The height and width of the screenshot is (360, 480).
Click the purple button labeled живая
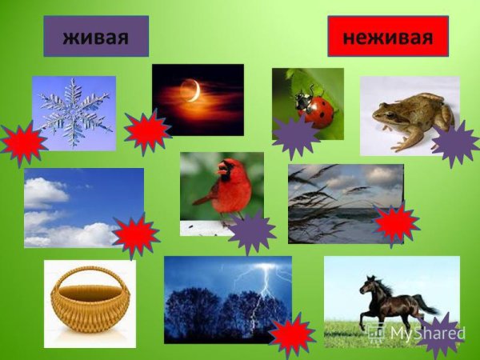tap(96, 37)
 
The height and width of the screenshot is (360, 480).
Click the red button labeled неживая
tap(388, 36)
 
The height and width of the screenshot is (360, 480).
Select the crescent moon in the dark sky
tap(192, 91)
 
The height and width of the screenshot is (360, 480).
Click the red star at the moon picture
tap(147, 132)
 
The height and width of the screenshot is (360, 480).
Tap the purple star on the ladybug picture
tap(295, 137)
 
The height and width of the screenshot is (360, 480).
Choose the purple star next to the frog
tap(454, 144)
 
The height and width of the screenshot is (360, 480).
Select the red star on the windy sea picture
tap(396, 223)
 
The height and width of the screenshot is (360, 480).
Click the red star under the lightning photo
tap(292, 336)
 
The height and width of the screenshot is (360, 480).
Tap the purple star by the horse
tap(442, 335)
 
